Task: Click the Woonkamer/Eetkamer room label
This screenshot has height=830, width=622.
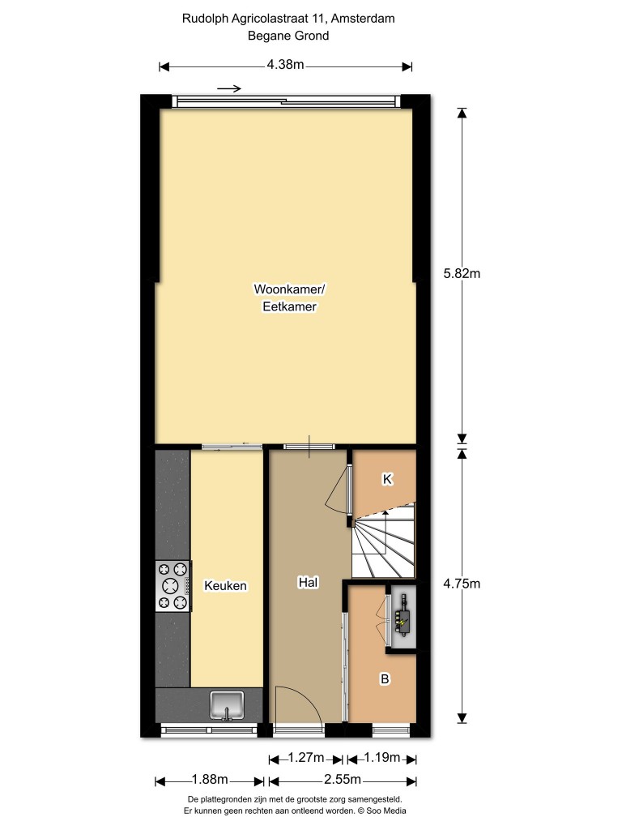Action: [x=289, y=297]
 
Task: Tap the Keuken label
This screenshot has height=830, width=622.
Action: [x=225, y=585]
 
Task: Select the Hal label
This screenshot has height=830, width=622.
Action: [x=308, y=582]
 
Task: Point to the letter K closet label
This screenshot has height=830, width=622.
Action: [x=387, y=479]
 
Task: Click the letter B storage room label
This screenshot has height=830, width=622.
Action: [x=385, y=678]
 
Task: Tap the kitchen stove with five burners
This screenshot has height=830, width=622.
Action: [x=173, y=587]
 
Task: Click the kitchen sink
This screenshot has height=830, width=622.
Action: [x=227, y=706]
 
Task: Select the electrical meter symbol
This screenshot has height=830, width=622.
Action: [x=403, y=616]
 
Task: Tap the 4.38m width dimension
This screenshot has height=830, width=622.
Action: [x=285, y=65]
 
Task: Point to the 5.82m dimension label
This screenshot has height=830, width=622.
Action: [x=462, y=274]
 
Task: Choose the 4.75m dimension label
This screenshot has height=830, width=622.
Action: [x=462, y=584]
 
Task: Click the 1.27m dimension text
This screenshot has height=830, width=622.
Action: [x=305, y=758]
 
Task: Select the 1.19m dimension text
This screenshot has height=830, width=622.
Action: [x=382, y=758]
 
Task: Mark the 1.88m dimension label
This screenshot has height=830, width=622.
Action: [x=210, y=779]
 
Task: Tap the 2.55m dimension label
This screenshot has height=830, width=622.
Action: [x=343, y=779]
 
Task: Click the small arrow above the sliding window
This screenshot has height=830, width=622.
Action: [x=229, y=88]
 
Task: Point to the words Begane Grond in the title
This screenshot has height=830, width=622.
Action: [x=288, y=36]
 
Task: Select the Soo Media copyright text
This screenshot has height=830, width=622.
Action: [x=382, y=811]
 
